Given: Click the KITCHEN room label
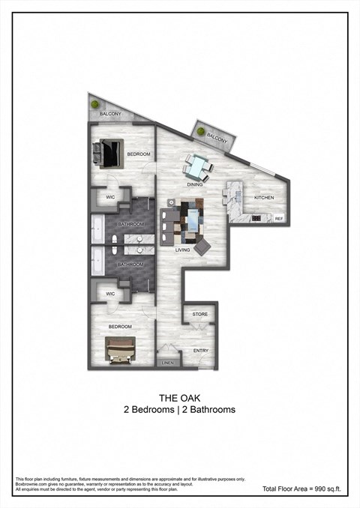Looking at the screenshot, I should click(263, 198).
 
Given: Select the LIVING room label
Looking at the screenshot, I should click(182, 250).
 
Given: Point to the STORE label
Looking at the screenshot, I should click(199, 314).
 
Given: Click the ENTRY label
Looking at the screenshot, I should click(200, 350).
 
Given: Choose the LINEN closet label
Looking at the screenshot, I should click(168, 363).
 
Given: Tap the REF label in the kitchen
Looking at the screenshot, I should click(278, 219).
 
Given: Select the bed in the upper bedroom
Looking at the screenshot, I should click(108, 153).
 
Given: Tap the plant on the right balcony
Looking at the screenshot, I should click(201, 133).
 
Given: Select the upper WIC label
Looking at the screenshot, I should click(109, 197).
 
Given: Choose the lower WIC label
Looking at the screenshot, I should click(109, 294).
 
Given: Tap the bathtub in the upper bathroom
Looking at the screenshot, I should click(97, 227).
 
